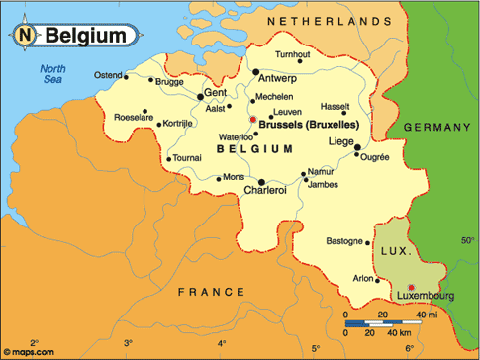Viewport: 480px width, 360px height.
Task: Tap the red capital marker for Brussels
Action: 253,120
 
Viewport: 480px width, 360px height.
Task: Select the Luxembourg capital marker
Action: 412,287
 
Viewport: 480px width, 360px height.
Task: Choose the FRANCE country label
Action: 211,292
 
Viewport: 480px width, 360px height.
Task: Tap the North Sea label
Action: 49,75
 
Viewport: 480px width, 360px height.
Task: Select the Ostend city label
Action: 109,75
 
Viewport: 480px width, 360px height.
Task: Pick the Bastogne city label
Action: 344,240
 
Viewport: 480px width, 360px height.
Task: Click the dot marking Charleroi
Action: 261,182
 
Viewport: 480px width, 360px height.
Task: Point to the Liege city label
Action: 340,142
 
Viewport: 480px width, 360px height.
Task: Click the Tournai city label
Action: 187,157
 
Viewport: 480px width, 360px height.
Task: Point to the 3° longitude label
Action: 127,343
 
